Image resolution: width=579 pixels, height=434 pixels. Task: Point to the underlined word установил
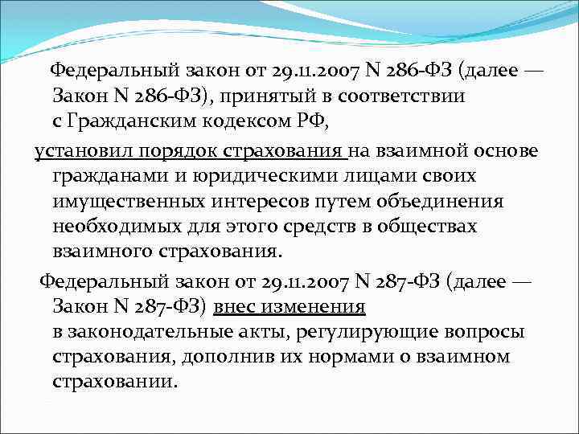point(78,151)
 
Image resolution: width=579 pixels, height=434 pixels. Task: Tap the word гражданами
point(103,176)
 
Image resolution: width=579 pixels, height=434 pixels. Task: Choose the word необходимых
point(115,226)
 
